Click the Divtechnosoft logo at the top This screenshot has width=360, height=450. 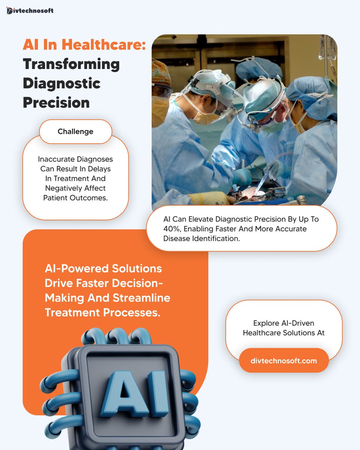pyautogui.click(x=30, y=10)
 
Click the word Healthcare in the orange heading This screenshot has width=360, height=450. pyautogui.click(x=103, y=45)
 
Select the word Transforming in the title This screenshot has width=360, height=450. pyautogui.click(x=71, y=64)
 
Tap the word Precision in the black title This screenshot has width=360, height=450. pyautogui.click(x=56, y=102)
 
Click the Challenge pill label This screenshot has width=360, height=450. pyautogui.click(x=75, y=132)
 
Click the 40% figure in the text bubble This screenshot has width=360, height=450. pyautogui.click(x=172, y=229)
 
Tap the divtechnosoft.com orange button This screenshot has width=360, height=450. pyautogui.click(x=283, y=361)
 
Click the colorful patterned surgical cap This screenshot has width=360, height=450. pyautogui.click(x=160, y=71)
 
